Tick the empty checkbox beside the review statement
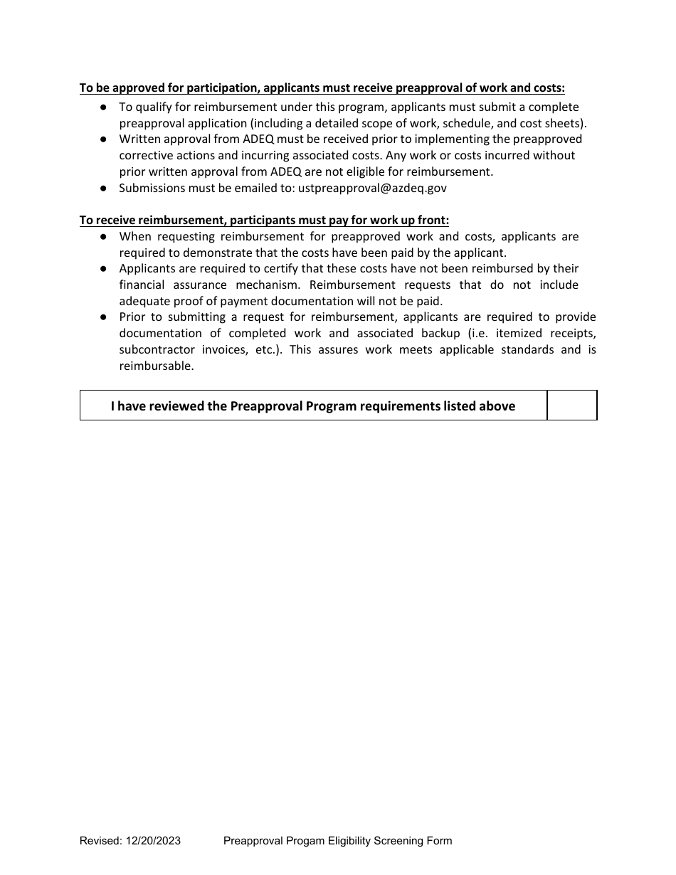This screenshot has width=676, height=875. (571, 405)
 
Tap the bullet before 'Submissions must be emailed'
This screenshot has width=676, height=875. (104, 189)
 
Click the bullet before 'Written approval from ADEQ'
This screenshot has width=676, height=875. (104, 139)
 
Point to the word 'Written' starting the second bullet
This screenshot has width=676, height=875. (139, 139)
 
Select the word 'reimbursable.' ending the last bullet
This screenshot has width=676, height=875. (157, 366)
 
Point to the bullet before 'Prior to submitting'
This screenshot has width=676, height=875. (104, 317)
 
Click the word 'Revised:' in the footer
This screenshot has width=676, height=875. (100, 841)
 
